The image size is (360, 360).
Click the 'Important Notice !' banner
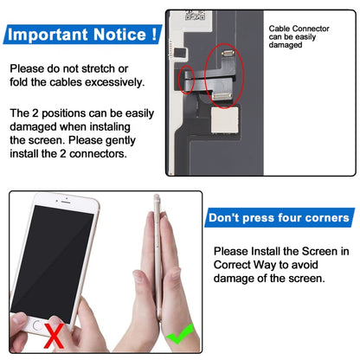(x=83, y=35)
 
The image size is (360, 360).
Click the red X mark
(x=56, y=335)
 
